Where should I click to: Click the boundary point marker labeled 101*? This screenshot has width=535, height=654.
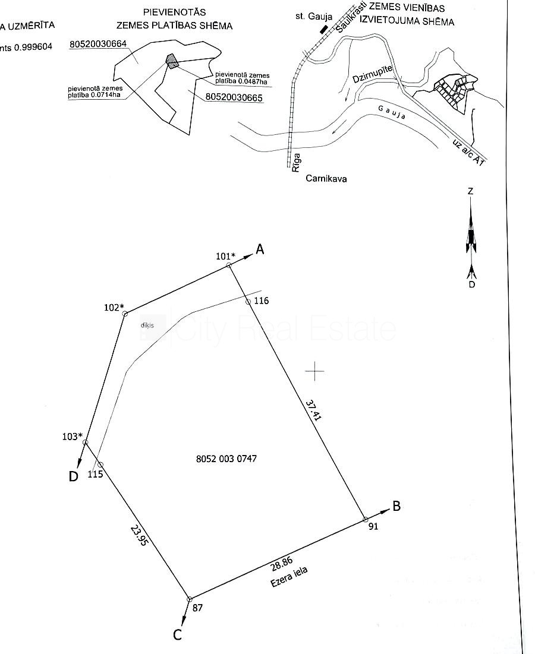(229, 266)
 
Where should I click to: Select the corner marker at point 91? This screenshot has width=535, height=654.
(365, 520)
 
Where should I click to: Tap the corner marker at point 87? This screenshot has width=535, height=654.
(190, 599)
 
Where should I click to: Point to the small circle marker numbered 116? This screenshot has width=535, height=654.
(248, 302)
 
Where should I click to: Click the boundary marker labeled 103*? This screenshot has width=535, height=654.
(85, 442)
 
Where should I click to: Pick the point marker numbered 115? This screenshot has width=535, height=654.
(100, 465)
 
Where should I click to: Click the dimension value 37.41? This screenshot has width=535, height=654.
(313, 410)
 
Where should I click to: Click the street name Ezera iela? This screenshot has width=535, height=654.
(289, 577)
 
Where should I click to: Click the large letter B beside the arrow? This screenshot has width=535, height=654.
(396, 507)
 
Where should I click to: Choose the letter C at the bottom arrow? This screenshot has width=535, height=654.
(177, 635)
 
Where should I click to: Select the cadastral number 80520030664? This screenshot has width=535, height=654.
(98, 44)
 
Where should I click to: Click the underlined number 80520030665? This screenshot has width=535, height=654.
(234, 98)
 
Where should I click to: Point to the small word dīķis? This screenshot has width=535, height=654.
(147, 325)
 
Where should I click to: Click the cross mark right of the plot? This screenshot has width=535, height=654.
(315, 371)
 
